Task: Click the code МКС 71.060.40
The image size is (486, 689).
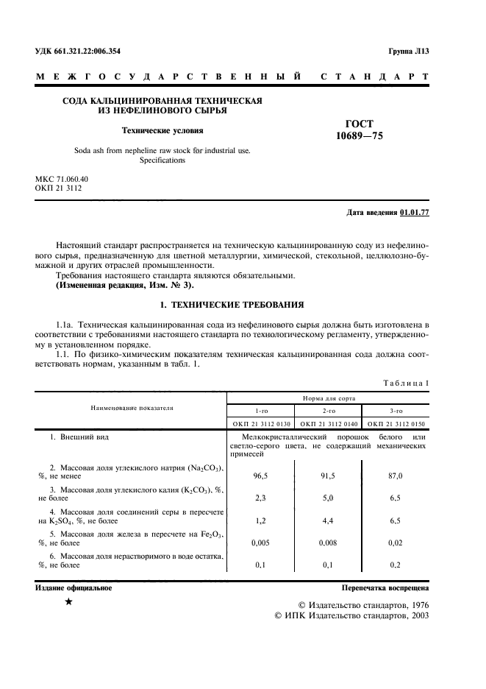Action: [x=62, y=179]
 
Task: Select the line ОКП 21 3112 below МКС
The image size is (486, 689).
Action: [x=58, y=188]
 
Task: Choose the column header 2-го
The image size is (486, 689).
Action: [x=329, y=411]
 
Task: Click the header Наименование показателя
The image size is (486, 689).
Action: [x=132, y=406]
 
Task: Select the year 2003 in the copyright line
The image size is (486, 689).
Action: [x=414, y=615]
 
